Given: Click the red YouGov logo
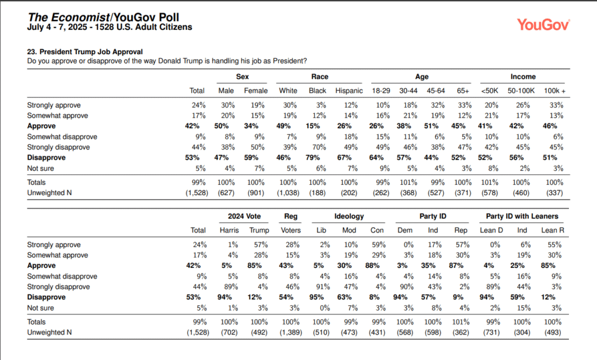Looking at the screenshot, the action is coord(543,24).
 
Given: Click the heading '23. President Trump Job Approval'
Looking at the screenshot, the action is coord(85,52).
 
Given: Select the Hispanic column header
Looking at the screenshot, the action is coord(349,90).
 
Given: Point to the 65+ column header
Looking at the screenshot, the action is coord(463,90).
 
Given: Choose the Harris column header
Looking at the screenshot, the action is coord(229,230).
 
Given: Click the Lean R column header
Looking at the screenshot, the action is coord(553,230).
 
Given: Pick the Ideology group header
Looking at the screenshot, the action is coord(349,216).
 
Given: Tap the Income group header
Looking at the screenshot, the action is coord(523,76).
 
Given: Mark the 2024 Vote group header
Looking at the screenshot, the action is coord(244,216).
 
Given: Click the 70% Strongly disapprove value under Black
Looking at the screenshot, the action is coord(319,147).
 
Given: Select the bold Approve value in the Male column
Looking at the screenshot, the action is coord(222,126).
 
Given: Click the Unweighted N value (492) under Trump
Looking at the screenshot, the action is coord(259,332).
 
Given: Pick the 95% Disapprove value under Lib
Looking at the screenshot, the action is coord(317,297).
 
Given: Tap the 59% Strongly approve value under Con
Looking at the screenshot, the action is coord(379,245).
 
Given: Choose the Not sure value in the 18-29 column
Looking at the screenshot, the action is coord(385,168).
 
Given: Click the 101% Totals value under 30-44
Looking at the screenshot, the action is coord(409,182).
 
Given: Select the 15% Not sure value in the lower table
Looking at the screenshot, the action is coord(524,308).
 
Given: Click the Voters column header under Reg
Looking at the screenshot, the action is coord(290,230).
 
